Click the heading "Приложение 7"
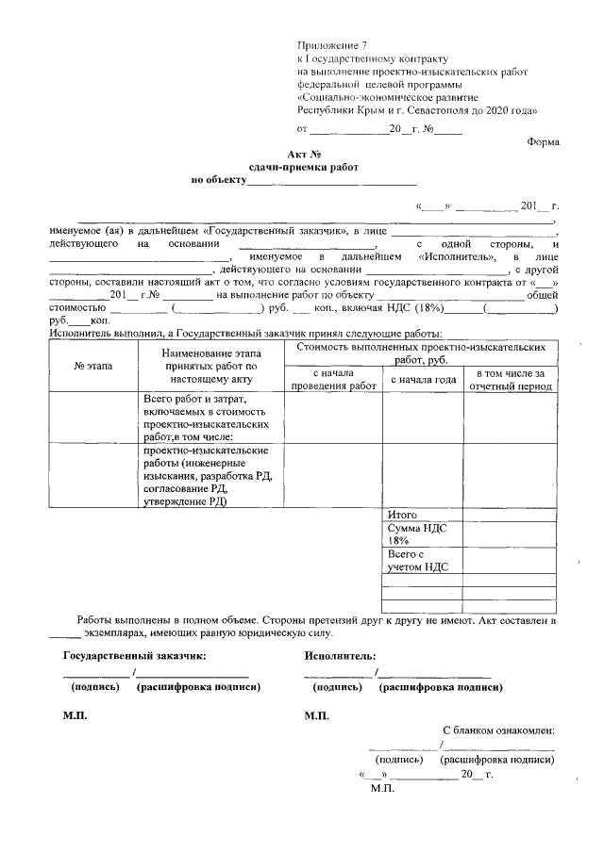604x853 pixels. (330, 44)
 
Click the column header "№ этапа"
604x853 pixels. (92, 366)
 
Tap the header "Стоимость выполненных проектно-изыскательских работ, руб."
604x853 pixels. (421, 353)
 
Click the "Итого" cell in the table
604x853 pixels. (403, 515)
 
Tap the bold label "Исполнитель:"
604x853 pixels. (340, 654)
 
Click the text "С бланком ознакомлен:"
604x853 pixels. (497, 730)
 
